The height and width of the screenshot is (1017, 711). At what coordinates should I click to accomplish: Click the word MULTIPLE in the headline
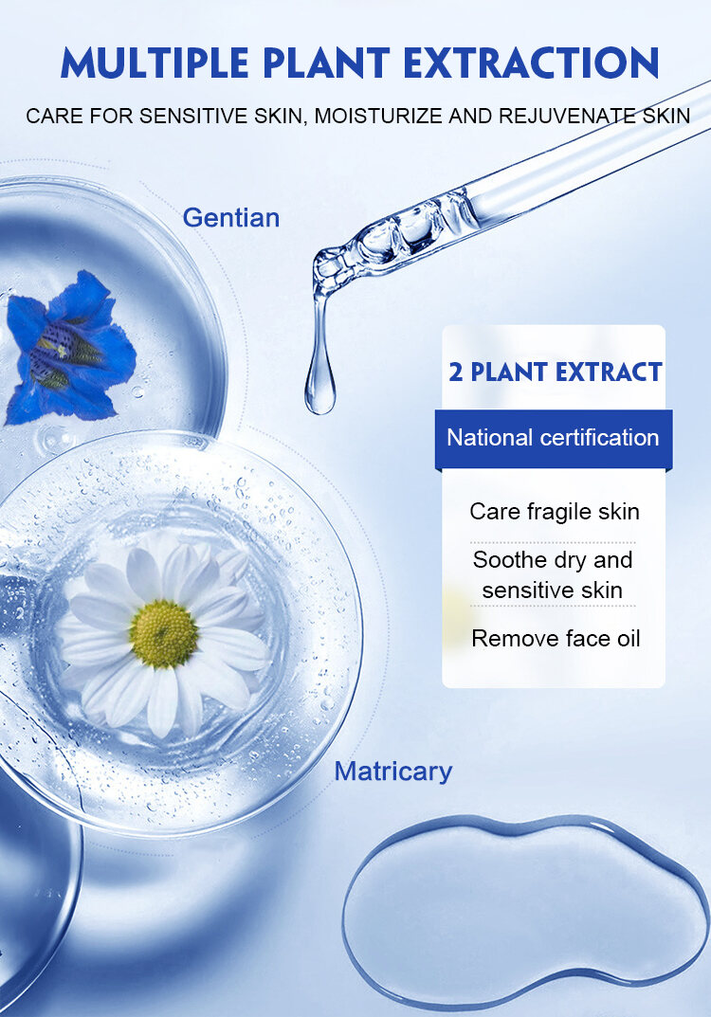coord(155,63)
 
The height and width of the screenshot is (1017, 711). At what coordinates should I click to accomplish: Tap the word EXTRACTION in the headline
coord(531,63)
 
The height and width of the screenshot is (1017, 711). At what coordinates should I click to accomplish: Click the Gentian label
coord(231,217)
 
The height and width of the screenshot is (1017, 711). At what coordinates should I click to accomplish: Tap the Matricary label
coord(393,772)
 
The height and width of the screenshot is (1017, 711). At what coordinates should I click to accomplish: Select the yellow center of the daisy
coord(163,634)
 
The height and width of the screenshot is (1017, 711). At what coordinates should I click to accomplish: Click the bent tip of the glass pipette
coord(324,272)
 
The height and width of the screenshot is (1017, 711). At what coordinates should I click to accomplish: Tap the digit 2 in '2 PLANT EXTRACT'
coord(456,372)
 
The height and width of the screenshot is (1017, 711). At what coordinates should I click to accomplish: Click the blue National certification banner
coord(554,439)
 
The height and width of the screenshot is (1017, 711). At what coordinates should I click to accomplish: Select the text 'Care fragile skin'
coord(555,511)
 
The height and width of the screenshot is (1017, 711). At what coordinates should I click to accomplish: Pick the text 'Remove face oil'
coord(556,638)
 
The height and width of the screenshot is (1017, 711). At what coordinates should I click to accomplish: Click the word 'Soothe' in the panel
coord(510,559)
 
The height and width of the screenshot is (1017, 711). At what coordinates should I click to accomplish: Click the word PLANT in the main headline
coord(326,63)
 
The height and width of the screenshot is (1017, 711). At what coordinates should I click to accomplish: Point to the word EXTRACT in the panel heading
coord(609,372)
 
